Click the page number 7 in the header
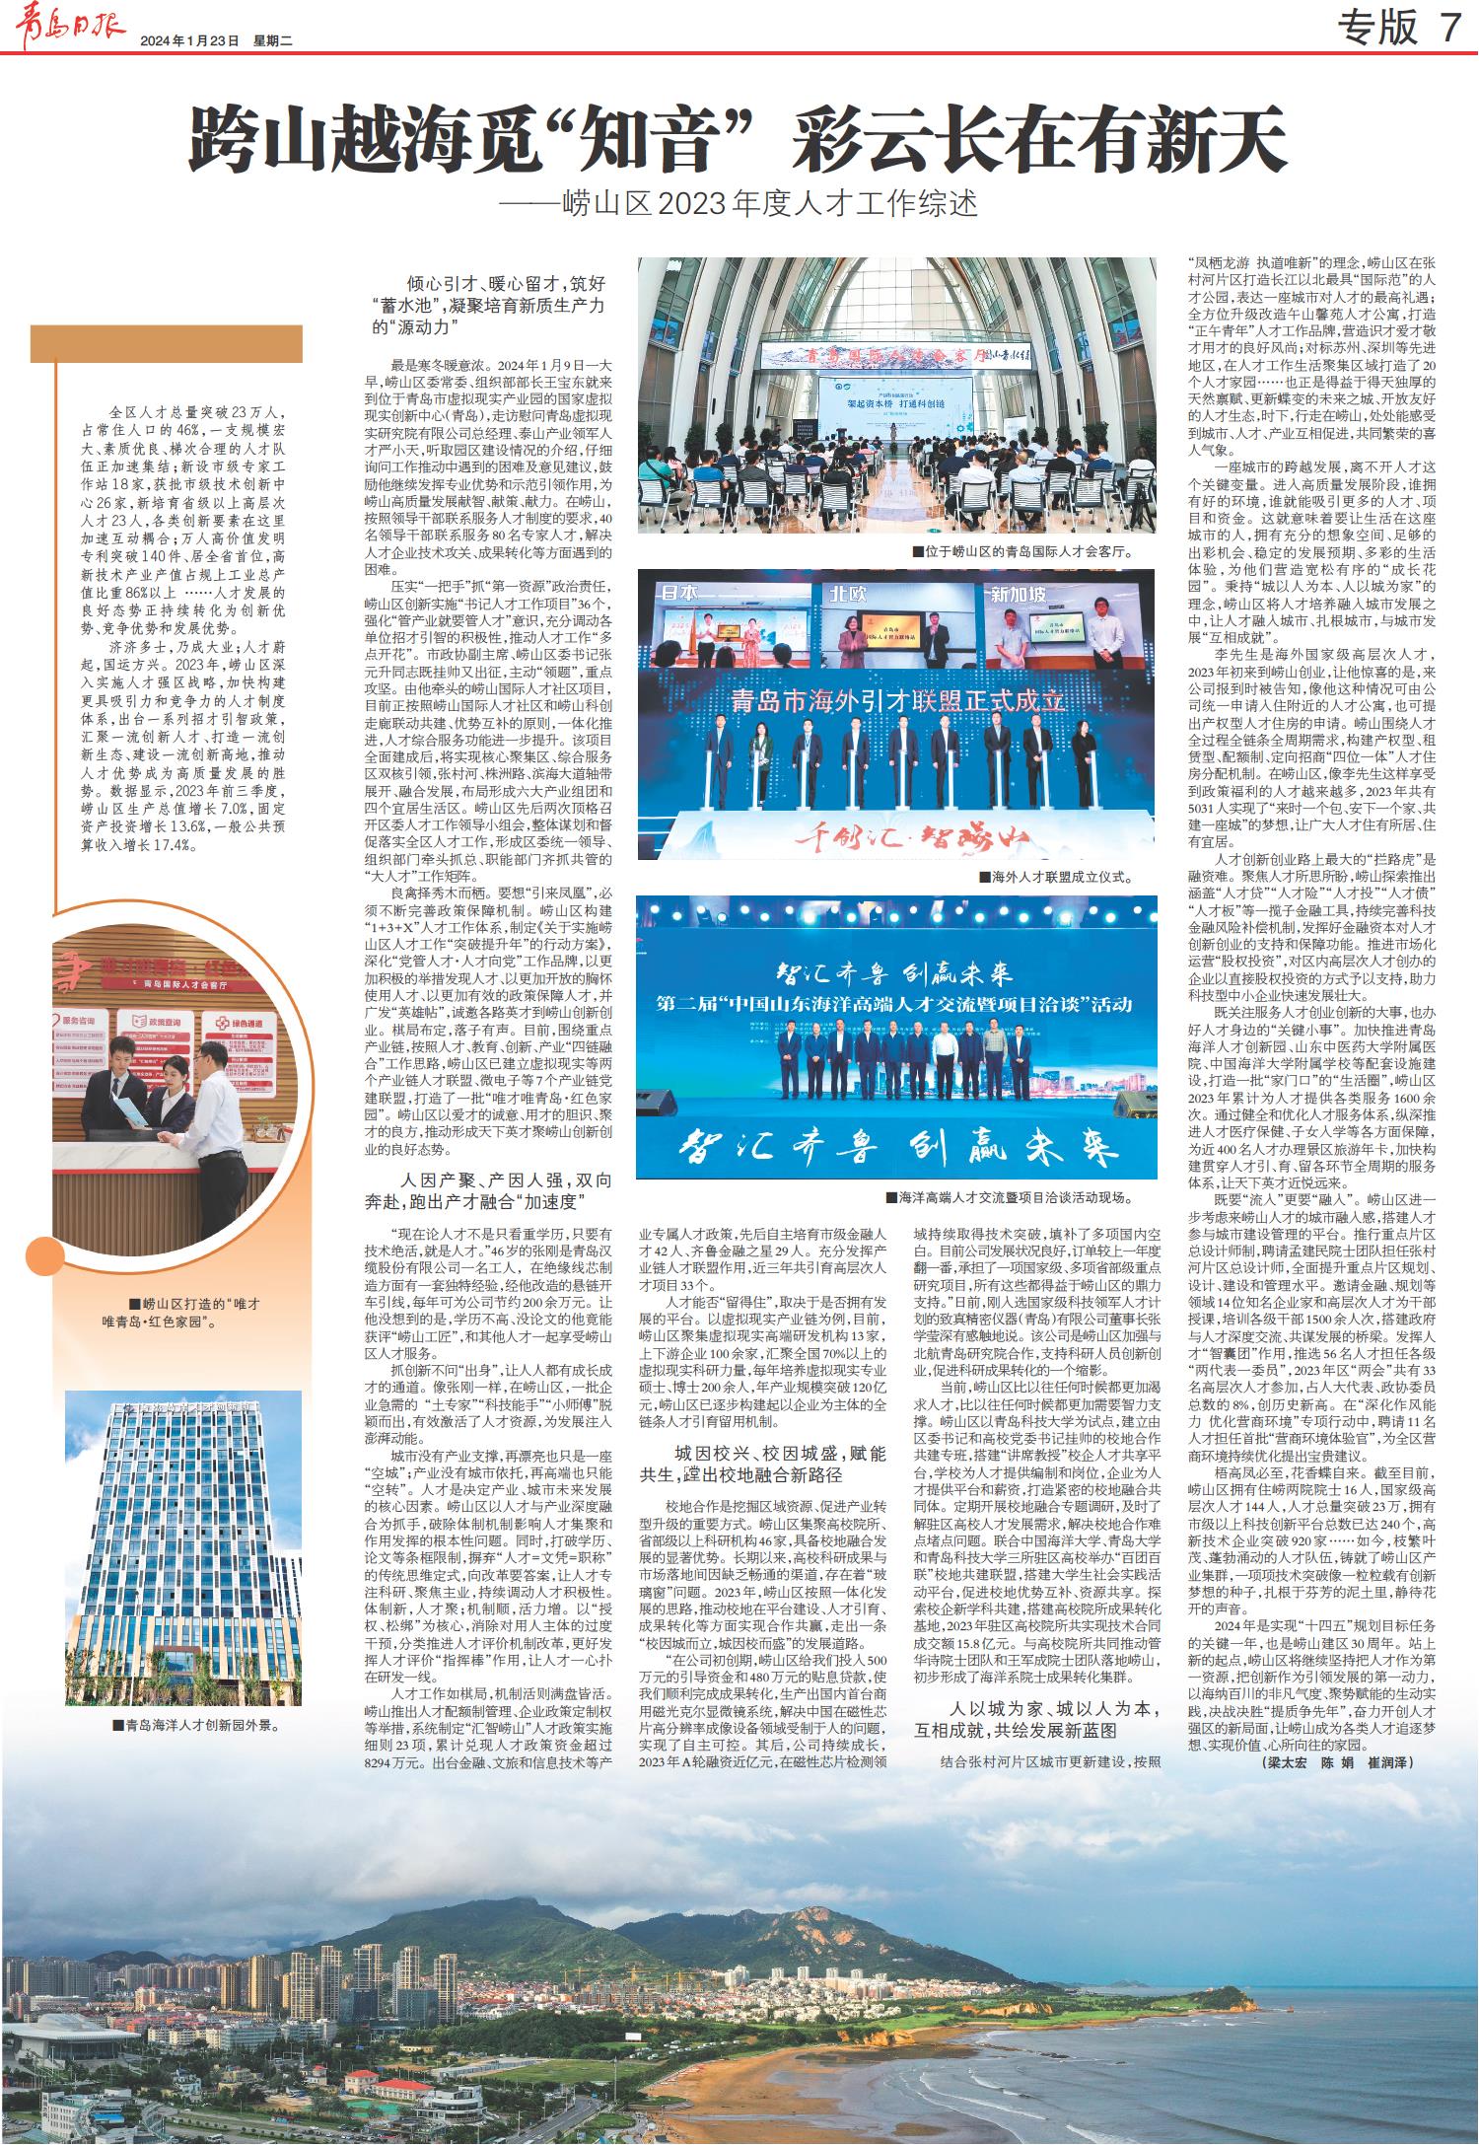1448,28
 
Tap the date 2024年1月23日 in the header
190,41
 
